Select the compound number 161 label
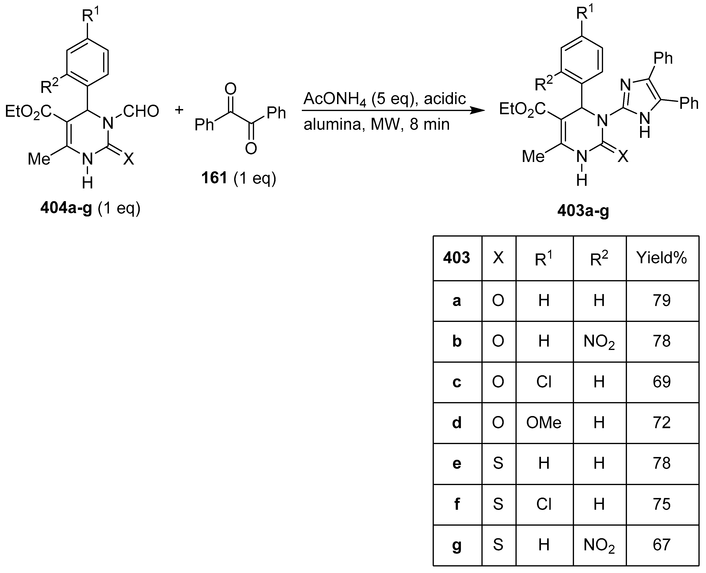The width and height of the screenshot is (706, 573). (x=214, y=178)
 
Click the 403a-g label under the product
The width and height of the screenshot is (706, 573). (x=583, y=210)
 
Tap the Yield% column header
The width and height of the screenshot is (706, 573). (x=662, y=258)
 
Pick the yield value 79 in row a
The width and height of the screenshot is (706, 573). (x=662, y=301)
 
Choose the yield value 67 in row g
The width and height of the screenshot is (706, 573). (x=662, y=545)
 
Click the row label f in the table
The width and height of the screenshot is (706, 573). (x=457, y=504)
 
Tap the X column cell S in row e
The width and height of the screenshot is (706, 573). (x=498, y=463)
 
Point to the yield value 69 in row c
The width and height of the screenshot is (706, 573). (x=662, y=382)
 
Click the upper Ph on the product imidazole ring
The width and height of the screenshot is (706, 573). (x=663, y=58)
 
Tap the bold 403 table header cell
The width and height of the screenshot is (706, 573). (x=457, y=258)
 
